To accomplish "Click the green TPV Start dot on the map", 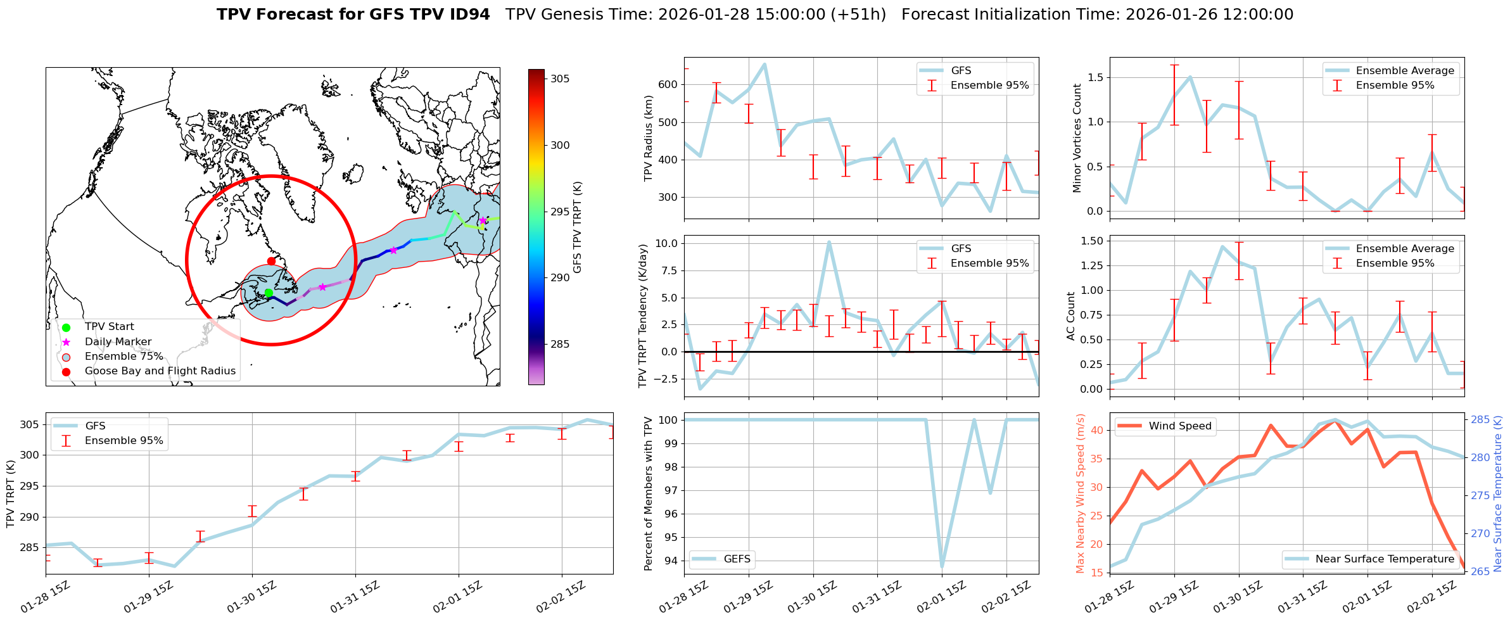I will click(x=269, y=293).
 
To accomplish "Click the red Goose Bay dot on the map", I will click(x=271, y=261).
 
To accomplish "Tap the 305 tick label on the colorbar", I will click(x=560, y=79).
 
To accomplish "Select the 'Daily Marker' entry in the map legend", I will click(x=118, y=341).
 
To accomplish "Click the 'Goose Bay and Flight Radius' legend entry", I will click(x=160, y=371).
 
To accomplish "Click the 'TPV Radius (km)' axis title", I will click(x=648, y=138).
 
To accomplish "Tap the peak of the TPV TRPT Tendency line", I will click(x=828, y=242).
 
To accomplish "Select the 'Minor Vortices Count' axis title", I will click(x=1077, y=138).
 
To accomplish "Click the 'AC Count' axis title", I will click(x=1071, y=316).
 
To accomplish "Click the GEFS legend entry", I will click(x=737, y=559).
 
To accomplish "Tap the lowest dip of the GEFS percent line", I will click(x=942, y=567).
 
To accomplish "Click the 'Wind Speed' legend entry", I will click(x=1179, y=426).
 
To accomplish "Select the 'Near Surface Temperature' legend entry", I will click(x=1384, y=559).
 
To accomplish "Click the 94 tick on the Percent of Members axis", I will click(x=673, y=561).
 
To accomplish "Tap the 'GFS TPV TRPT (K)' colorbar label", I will click(x=577, y=227).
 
